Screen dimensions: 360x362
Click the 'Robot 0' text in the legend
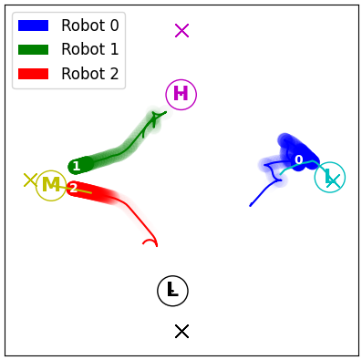89,25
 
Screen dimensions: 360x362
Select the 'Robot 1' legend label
89,49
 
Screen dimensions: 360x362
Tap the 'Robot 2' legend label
89,74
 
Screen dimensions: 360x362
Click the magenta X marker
181,30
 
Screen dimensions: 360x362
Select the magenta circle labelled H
181,94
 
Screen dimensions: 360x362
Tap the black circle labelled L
171,291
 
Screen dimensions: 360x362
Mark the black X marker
181,331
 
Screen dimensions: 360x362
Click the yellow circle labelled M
51,185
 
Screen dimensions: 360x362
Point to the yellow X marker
30,180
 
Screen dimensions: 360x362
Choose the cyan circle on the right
329,178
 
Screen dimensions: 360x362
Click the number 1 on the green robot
77,166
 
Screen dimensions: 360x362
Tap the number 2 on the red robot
74,189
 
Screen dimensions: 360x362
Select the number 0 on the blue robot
298,160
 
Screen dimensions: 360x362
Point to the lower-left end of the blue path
251,206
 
